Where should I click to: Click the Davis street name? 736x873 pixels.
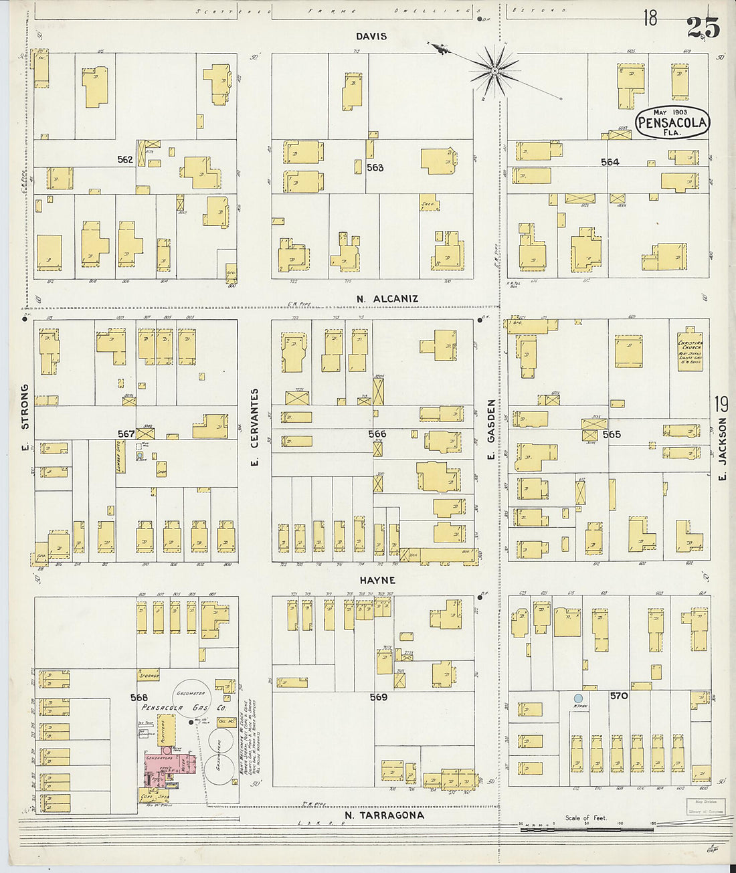371,36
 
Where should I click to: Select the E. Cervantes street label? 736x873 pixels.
254,427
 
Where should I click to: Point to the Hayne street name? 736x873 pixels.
377,580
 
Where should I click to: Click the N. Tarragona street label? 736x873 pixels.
384,815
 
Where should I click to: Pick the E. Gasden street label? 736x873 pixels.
491,429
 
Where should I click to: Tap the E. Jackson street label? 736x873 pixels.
722,450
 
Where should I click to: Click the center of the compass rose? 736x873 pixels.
494,70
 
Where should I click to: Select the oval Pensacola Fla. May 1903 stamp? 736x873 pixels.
672,122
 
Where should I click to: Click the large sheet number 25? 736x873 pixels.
703,27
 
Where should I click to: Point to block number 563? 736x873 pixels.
375,167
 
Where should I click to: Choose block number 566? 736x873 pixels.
377,433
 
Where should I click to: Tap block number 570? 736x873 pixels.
619,696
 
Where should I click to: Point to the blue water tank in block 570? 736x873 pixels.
577,698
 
